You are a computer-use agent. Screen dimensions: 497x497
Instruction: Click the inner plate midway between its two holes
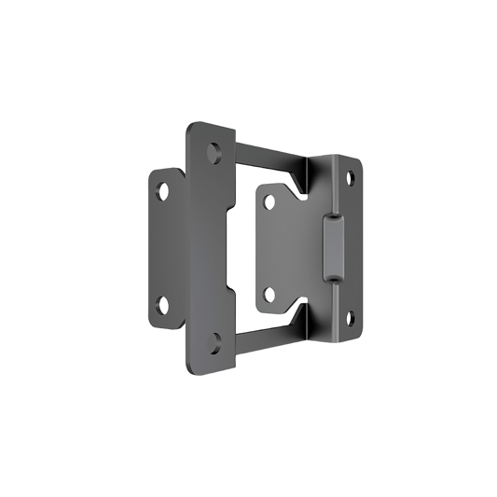pos(280,245)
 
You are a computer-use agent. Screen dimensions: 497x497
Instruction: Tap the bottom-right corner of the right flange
pos(355,333)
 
